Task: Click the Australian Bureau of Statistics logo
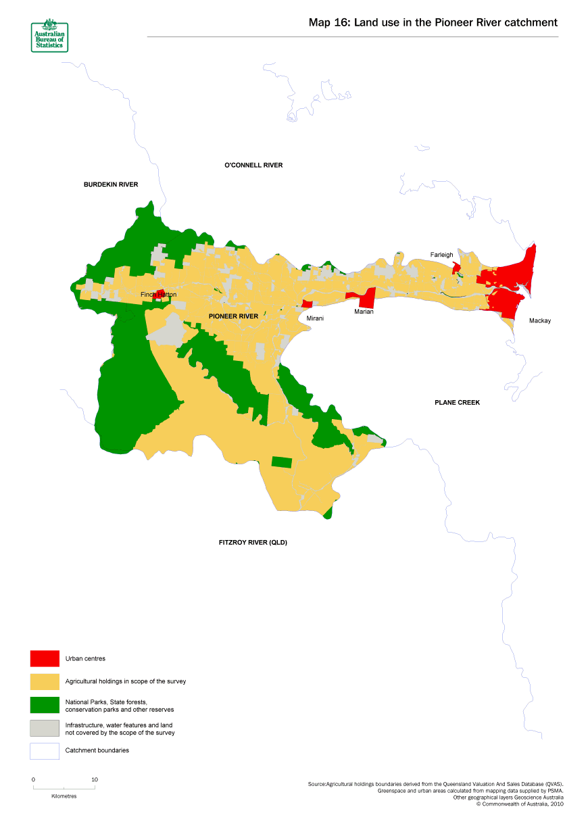pos(49,34)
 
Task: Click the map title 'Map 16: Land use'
pos(433,22)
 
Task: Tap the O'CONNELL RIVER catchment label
pos(253,166)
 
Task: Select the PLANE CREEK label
pos(457,403)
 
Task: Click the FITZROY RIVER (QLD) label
pos(253,543)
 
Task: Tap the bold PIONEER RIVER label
pos(234,316)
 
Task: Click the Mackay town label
pos(540,321)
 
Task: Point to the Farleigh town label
pos(442,255)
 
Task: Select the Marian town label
pos(364,312)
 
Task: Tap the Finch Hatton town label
pos(158,295)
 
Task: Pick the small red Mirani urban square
pos(307,304)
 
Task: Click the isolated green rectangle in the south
pos(282,462)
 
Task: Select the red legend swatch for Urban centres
pos(45,658)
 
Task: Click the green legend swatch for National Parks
pos(45,705)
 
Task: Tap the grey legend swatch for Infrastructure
pos(45,728)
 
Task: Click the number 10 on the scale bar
pos(95,779)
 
